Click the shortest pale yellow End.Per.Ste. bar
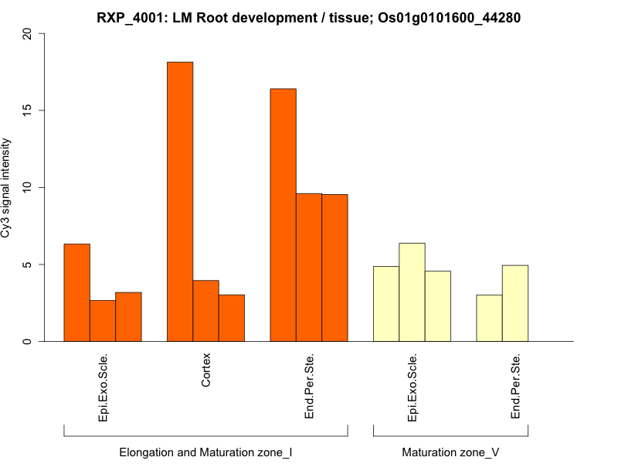coord(489,318)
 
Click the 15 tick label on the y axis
coord(29,111)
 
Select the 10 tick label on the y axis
coord(29,188)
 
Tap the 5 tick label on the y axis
coord(29,264)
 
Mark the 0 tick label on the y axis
coord(29,341)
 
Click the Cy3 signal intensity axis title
coord(7,188)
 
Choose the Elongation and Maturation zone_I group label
coord(205,452)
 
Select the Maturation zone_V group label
coord(450,452)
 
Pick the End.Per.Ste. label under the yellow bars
coord(515,387)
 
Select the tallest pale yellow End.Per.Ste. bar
coord(515,303)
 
